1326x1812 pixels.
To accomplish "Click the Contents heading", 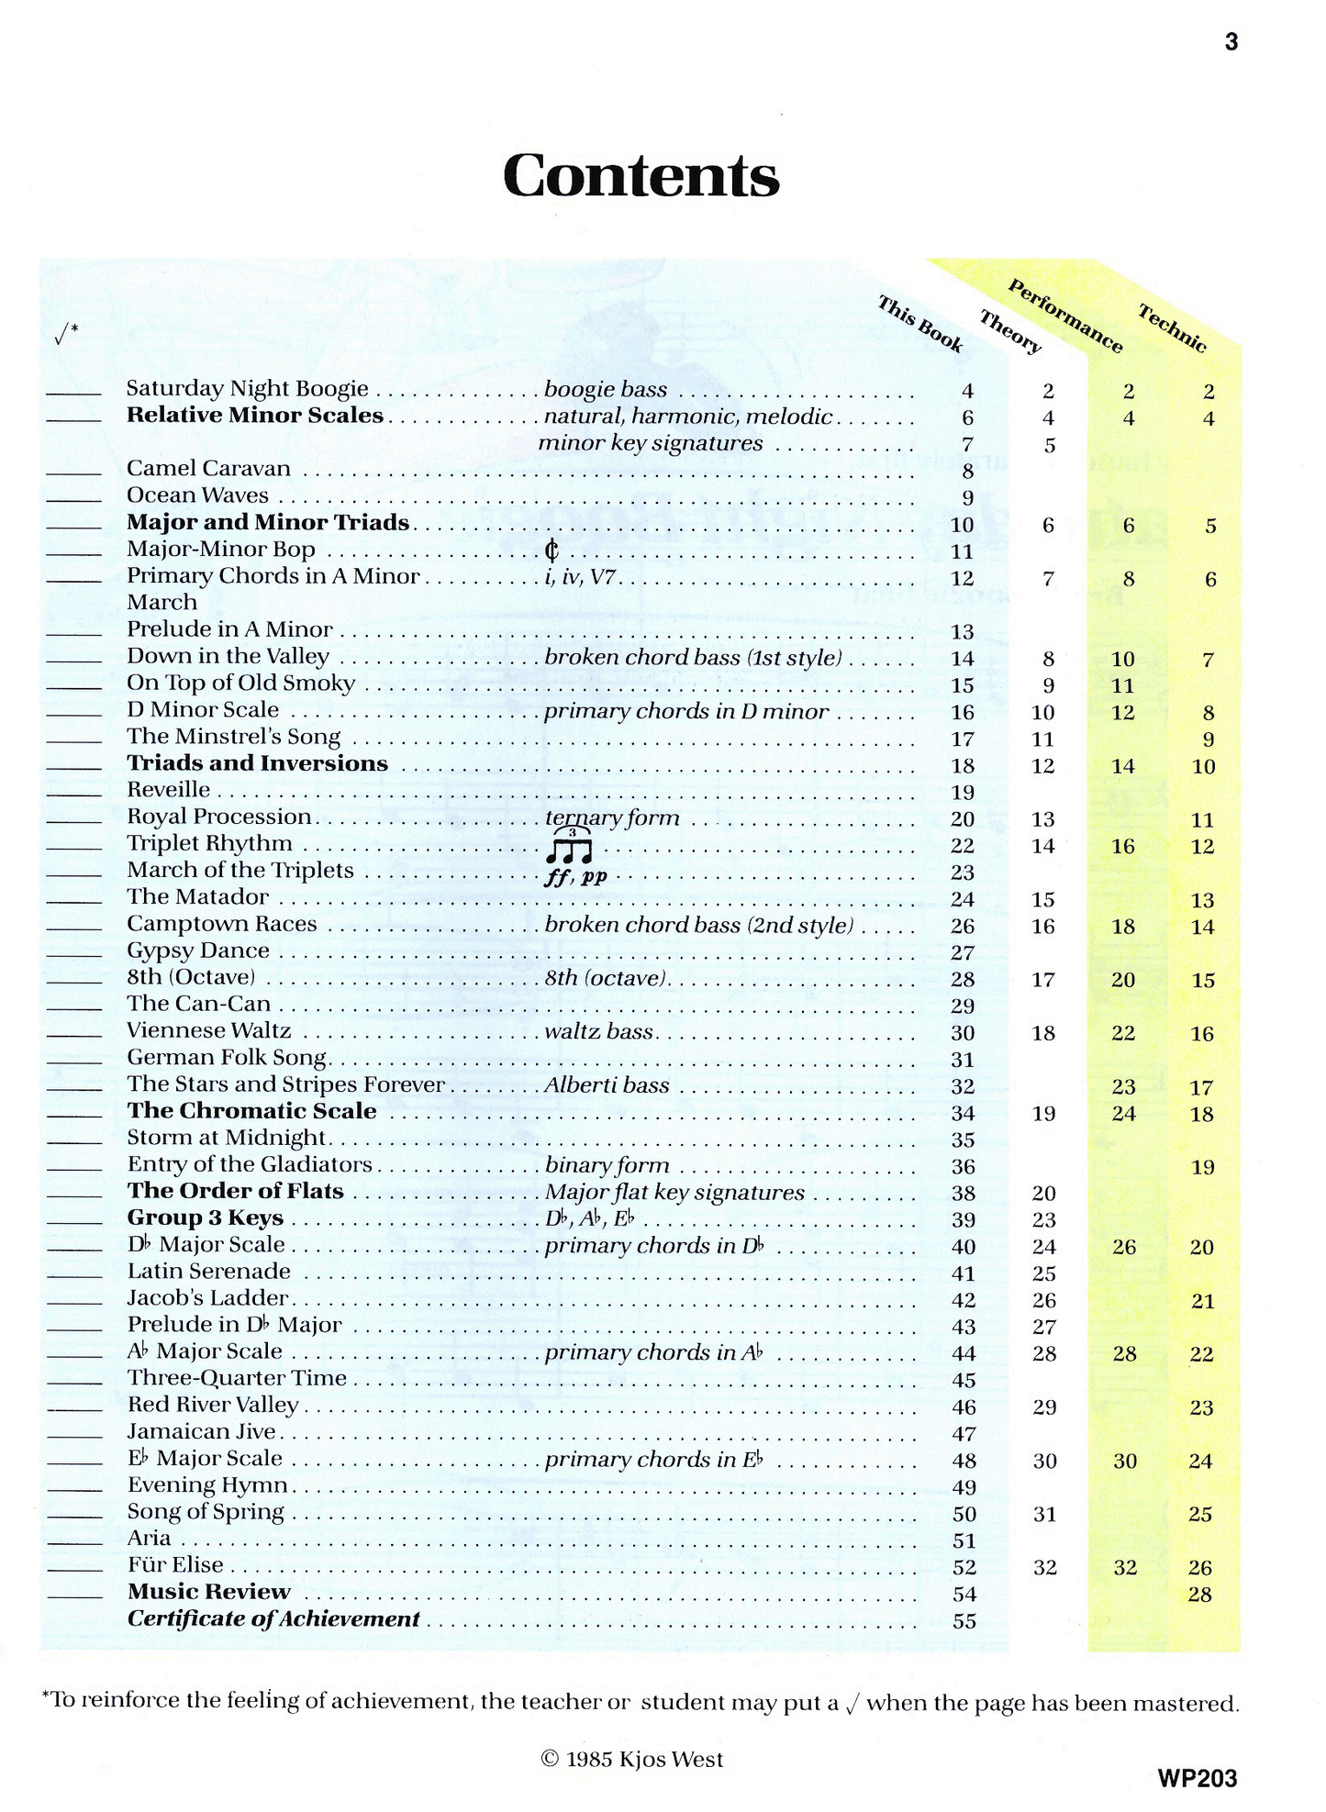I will click(641, 175).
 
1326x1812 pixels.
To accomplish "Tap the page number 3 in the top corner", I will click(1231, 42).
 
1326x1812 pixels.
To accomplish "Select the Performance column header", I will click(1064, 316).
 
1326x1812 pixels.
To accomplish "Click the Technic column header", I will click(1172, 328).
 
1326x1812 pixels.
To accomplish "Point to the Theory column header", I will click(1009, 332).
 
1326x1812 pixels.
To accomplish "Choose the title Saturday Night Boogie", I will click(247, 389).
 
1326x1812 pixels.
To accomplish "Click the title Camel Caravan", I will click(208, 469).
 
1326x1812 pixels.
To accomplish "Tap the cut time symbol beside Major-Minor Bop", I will click(552, 550).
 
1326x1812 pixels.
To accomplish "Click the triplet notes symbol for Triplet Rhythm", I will click(569, 847).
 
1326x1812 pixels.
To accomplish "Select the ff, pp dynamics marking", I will click(575, 875).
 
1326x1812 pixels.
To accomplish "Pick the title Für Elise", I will click(175, 1565).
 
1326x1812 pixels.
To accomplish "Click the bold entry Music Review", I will click(208, 1592).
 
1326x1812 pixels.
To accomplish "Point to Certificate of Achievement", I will click(273, 1619).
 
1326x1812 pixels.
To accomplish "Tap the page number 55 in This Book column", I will click(964, 1621).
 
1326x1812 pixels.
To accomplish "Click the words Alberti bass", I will click(607, 1085).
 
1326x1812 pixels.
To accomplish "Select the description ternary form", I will click(612, 817).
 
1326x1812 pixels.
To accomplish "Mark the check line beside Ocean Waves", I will click(73, 501).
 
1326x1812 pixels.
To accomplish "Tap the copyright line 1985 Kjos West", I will click(632, 1760).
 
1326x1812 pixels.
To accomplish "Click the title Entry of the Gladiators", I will click(250, 1165).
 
